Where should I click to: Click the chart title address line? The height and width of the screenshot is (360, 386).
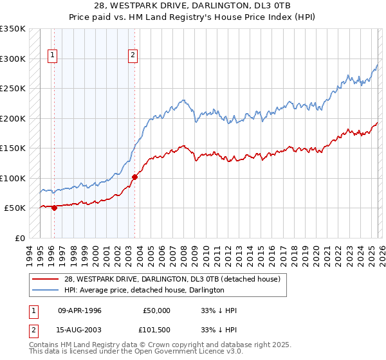pos(192,6)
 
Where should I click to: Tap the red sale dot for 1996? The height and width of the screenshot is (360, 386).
pos(54,208)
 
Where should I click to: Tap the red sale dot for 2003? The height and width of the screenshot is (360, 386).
pos(134,177)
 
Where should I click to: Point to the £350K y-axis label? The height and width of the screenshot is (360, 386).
pos(13,29)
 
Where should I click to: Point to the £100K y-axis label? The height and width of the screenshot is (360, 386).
pos(13,178)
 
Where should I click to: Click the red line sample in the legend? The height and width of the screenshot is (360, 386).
pos(46,280)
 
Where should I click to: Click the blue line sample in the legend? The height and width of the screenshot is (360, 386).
pos(46,291)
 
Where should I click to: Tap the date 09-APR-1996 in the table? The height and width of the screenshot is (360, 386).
pos(80,310)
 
